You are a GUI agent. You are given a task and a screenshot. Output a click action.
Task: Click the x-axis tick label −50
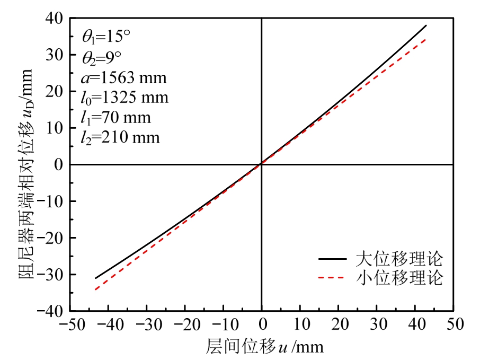pyautogui.click(x=69, y=323)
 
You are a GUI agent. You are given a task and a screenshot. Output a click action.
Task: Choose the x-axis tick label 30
pyautogui.click(x=377, y=323)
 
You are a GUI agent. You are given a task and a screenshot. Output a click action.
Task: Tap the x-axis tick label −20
pyautogui.click(x=184, y=323)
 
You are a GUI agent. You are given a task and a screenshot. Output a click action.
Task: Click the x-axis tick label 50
pyautogui.click(x=454, y=323)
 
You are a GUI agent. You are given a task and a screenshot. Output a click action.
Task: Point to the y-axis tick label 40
pyautogui.click(x=55, y=18)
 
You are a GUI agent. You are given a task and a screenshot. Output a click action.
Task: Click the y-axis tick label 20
pyautogui.click(x=55, y=91)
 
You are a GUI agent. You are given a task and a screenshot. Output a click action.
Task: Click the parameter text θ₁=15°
pyautogui.click(x=106, y=36)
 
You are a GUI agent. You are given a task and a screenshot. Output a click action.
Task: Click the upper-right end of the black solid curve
pyautogui.click(x=426, y=25)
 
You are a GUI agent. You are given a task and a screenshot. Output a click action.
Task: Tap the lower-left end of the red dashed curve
pyautogui.click(x=95, y=289)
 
